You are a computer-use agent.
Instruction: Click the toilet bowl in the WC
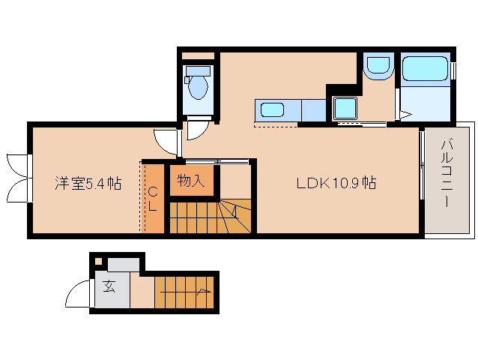tap(199, 86)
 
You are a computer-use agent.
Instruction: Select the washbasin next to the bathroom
tap(377, 67)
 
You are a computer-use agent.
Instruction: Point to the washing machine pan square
tap(345, 109)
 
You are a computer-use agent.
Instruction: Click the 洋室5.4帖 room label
tap(88, 183)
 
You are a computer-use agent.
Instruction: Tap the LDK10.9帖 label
tap(336, 183)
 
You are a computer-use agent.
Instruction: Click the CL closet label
tap(152, 197)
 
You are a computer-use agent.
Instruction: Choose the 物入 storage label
tap(190, 181)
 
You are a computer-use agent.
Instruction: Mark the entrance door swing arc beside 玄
tap(77, 295)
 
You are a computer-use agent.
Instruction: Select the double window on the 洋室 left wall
tap(18, 177)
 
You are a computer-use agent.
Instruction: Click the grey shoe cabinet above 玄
tap(123, 265)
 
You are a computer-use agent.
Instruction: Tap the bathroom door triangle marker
tap(403, 115)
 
